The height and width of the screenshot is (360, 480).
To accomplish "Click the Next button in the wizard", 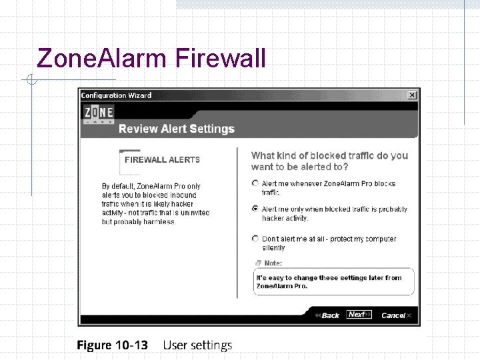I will pos(358,315).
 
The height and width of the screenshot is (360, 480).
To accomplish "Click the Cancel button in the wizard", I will pos(395,315).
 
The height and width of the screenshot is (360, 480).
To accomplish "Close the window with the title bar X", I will pos(412,95).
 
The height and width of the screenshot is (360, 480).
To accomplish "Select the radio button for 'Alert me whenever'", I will pos(255,183).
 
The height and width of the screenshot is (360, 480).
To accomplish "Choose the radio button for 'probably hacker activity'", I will pos(255,208).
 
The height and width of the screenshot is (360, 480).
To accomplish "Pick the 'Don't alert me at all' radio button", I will pos(255,238).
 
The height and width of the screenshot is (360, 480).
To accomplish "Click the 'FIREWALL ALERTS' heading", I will pos(162,160).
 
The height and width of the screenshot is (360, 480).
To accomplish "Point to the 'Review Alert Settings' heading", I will pos(177,129).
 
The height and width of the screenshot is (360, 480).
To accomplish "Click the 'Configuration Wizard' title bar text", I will pos(116,95).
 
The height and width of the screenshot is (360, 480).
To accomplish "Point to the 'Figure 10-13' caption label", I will pos(112,345).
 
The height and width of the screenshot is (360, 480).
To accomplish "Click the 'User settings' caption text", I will pos(197,345).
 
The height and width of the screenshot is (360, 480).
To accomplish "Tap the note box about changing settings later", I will pos(333,281).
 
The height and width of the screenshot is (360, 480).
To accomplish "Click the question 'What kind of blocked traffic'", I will pos(329,161).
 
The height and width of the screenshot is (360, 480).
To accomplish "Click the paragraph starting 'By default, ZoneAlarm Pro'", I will pos(155,203).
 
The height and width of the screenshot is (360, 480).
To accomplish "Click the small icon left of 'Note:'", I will pos(257,263).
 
